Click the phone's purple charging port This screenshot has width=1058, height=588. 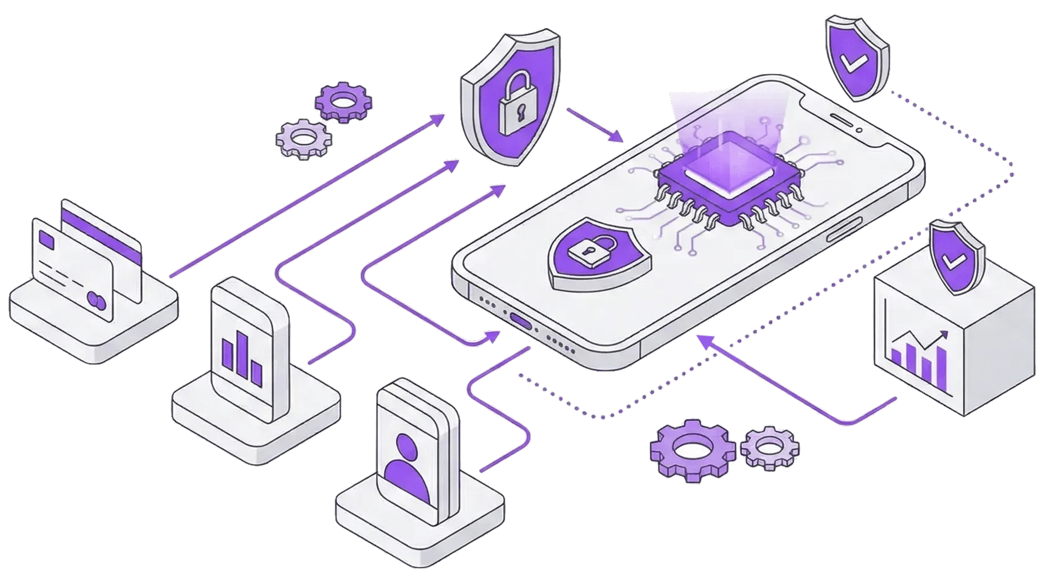[x=521, y=321]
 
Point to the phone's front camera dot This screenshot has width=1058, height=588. [x=859, y=130]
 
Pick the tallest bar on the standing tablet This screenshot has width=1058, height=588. [x=241, y=352]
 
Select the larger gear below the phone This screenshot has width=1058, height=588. [x=692, y=451]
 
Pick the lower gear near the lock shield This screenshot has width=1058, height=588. [x=304, y=138]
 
